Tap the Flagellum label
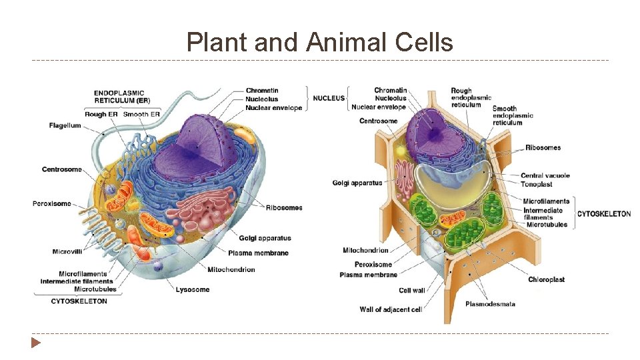[65, 125]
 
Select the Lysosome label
[193, 289]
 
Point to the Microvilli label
[67, 251]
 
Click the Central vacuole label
[545, 175]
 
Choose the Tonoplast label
[536, 185]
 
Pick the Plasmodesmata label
[490, 304]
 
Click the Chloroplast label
[546, 279]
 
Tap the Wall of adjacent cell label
[391, 309]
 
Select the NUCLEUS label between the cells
[329, 98]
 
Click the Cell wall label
[411, 291]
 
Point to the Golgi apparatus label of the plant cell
[357, 183]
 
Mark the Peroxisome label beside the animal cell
[51, 203]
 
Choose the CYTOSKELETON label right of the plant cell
[603, 214]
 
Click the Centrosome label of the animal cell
[61, 169]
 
